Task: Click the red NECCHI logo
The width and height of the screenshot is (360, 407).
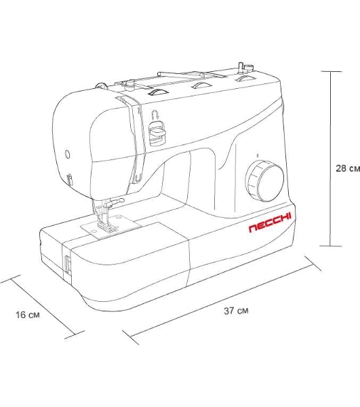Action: point(270,223)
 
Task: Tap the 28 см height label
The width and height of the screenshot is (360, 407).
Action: point(348,168)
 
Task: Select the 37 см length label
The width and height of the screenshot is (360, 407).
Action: point(236,311)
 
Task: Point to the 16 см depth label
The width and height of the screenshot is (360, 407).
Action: point(28,315)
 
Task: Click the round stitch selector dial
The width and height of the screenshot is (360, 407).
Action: point(264,181)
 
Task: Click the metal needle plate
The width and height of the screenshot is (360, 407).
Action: point(111,226)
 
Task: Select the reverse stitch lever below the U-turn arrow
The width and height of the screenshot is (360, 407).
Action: point(157,133)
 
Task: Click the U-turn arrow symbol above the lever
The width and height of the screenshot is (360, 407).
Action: point(155,114)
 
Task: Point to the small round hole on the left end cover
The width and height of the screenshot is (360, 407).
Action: point(67,154)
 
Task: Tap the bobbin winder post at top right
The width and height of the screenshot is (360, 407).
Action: point(241,66)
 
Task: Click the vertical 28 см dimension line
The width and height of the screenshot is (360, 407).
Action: point(330,159)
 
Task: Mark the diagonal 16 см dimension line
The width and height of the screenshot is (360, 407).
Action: point(42,307)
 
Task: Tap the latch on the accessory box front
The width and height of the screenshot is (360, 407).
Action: point(67,265)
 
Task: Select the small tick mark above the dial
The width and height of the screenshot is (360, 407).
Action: point(258,155)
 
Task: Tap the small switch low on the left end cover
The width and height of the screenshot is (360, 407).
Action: point(69,179)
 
